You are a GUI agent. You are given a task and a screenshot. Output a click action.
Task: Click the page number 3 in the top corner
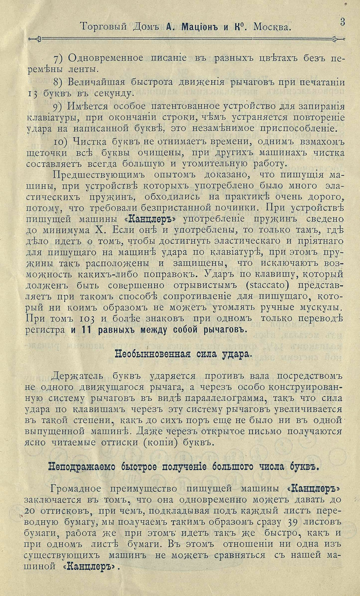point(342,21)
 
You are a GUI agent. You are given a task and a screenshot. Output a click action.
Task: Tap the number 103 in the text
point(81,319)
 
